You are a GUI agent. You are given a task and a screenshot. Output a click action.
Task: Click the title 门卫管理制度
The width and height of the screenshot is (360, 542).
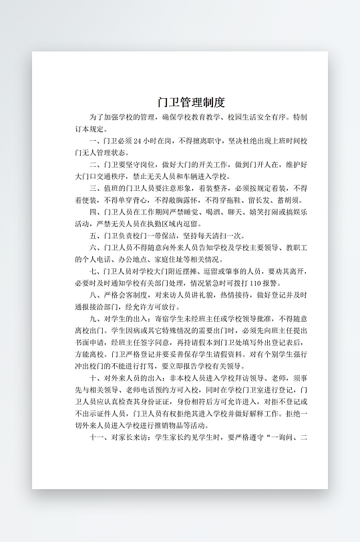coord(191,102)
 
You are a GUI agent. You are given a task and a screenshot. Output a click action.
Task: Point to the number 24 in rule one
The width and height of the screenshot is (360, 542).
coord(138,141)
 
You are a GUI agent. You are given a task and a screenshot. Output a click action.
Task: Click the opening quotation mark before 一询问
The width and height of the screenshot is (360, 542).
coord(271,437)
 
